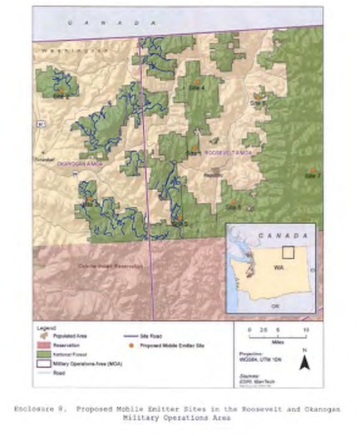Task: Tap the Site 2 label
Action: pos(60,96)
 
